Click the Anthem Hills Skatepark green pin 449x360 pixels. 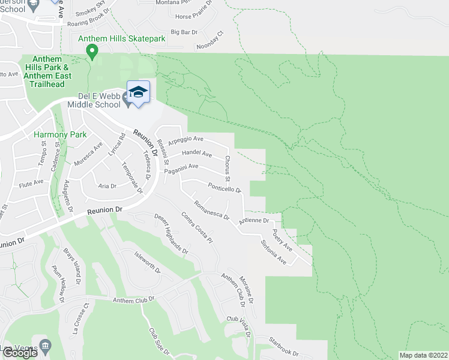click(x=92, y=53)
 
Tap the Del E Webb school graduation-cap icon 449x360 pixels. click(x=138, y=92)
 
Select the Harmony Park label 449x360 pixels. click(x=60, y=134)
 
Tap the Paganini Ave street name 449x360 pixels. click(x=181, y=169)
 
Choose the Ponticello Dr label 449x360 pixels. click(x=224, y=188)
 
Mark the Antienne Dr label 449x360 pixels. click(x=254, y=220)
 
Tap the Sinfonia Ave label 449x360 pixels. click(x=273, y=252)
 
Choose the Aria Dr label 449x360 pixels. click(x=107, y=186)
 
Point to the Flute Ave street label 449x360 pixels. click(x=31, y=181)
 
